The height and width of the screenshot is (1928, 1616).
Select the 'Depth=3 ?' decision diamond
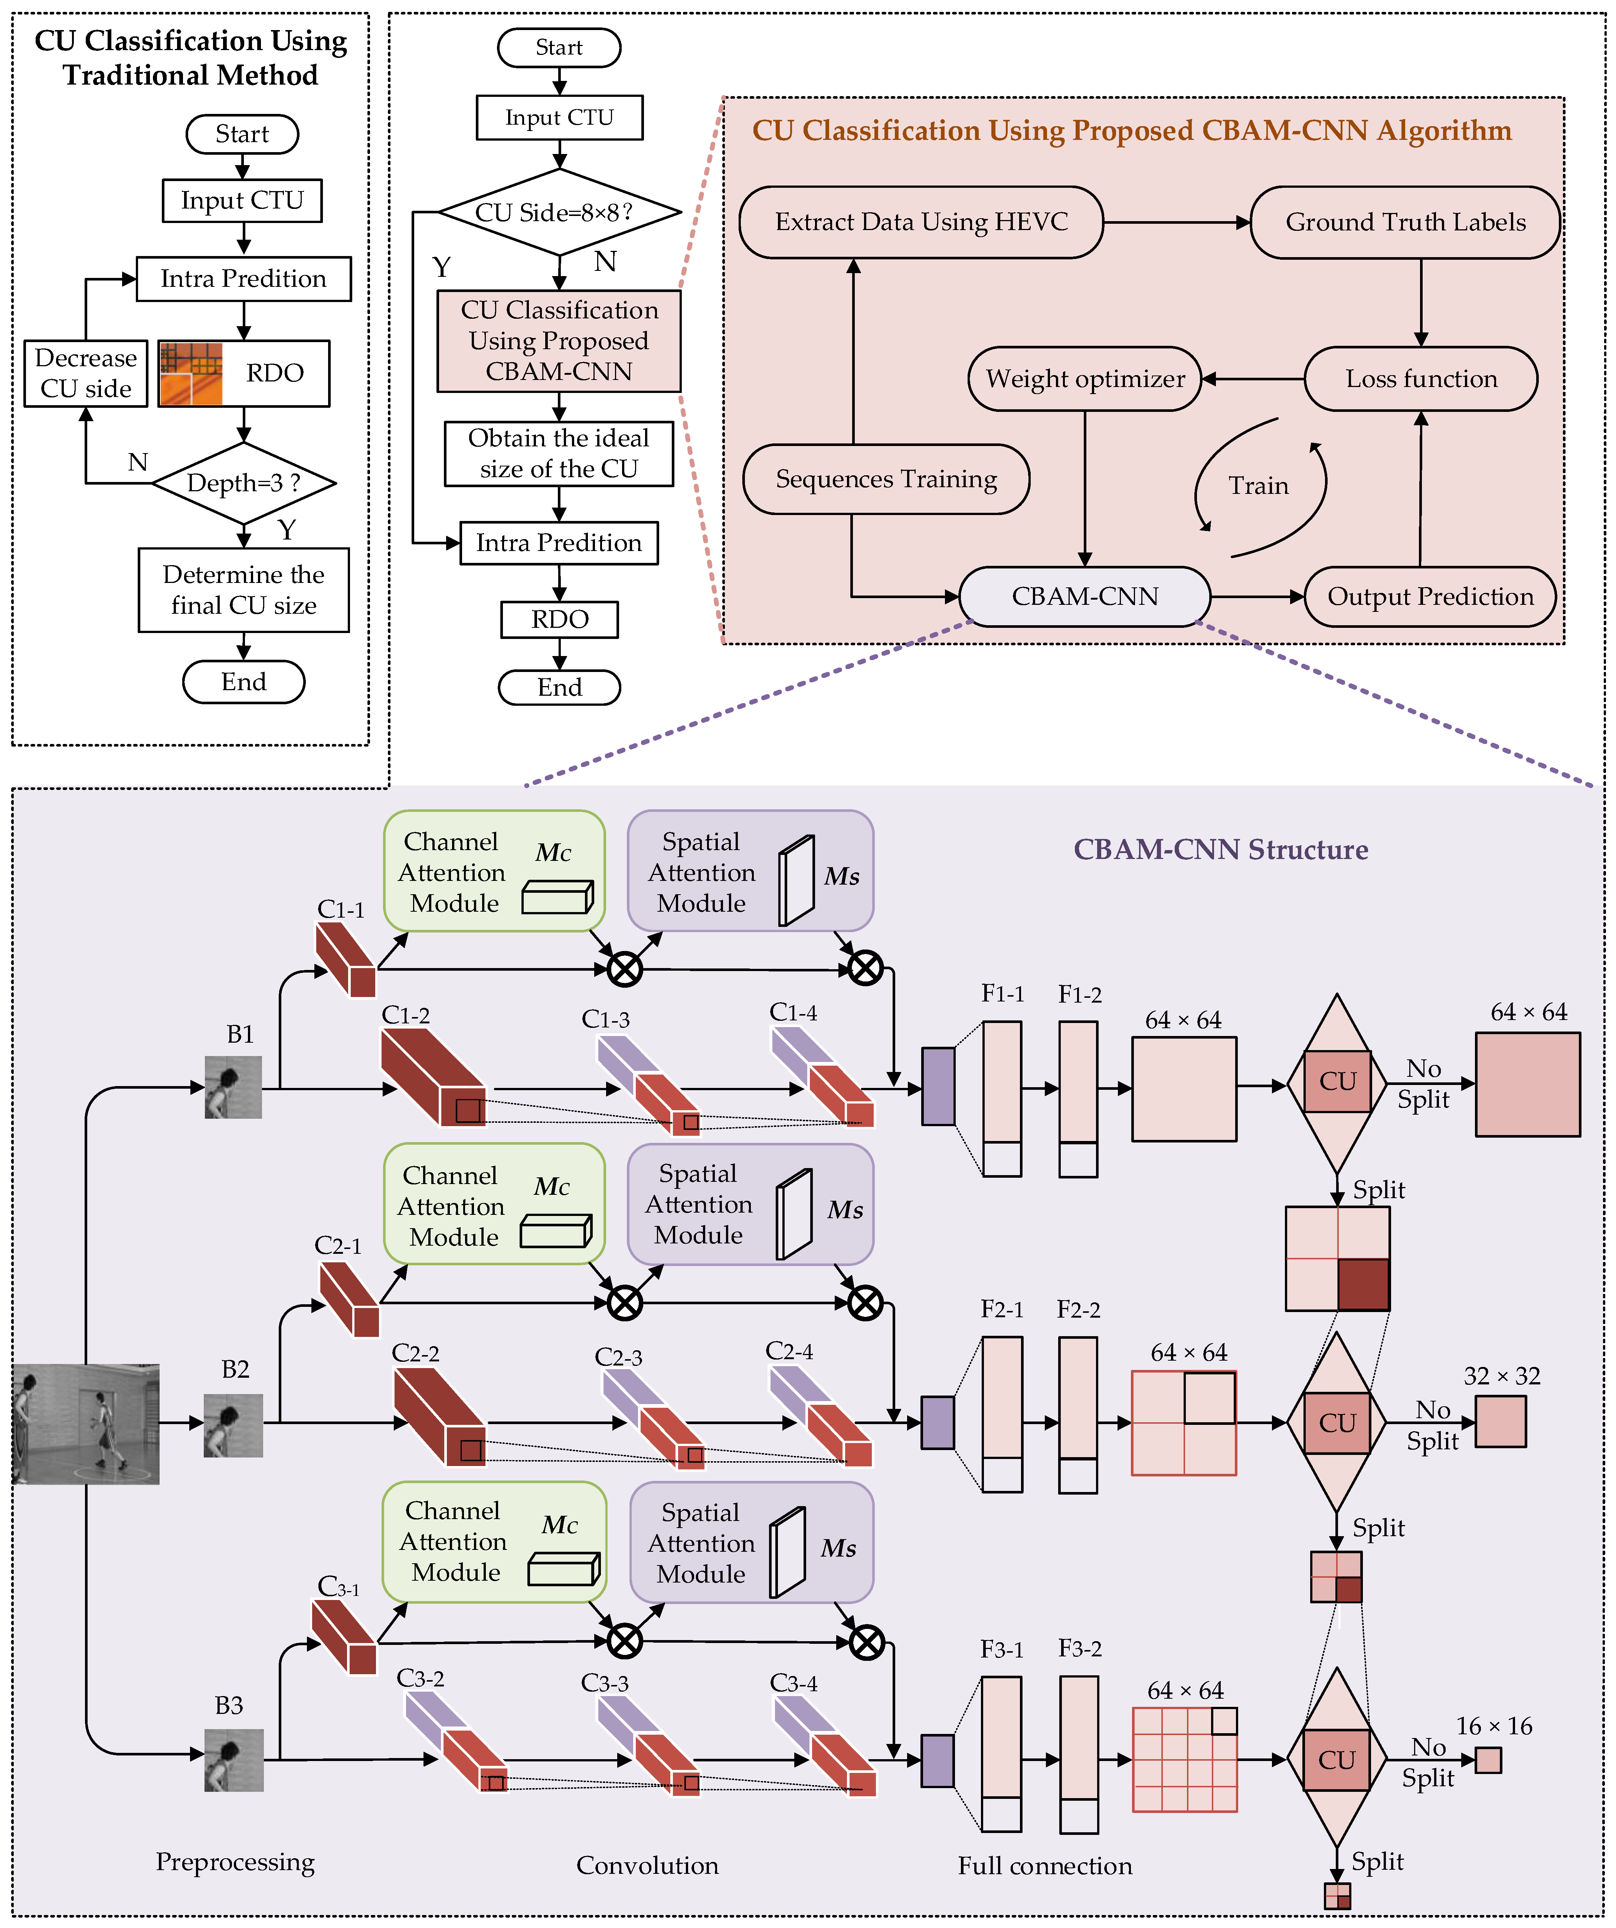click(243, 483)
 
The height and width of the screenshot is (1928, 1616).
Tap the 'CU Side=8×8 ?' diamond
click(559, 212)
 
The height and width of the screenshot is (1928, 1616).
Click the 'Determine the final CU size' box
click(243, 589)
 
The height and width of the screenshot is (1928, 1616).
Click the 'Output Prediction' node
click(1430, 597)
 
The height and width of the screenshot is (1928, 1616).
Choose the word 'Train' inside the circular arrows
click(1258, 486)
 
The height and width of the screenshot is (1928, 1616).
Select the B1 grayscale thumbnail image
click(233, 1087)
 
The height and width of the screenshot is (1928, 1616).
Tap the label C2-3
click(618, 1357)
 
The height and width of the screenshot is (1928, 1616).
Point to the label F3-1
click(1001, 1650)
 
